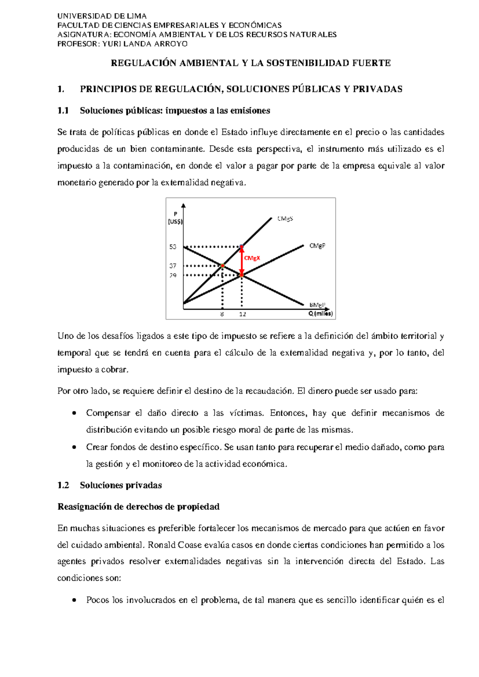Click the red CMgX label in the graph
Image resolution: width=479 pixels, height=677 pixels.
point(252,258)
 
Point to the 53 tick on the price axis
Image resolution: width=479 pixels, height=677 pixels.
point(172,247)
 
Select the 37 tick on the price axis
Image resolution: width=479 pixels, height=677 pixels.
point(172,266)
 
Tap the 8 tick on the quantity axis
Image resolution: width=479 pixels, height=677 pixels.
point(222,315)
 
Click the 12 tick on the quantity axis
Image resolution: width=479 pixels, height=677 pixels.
point(242,315)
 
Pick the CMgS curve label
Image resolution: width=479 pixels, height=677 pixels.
point(285,219)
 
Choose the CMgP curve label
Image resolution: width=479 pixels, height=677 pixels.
point(317,246)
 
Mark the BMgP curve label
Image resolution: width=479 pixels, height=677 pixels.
point(317,305)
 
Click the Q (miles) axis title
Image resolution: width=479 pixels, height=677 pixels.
point(320,314)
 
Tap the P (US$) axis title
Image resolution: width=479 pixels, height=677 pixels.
point(175,218)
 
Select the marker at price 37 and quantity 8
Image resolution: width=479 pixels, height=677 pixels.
point(223,265)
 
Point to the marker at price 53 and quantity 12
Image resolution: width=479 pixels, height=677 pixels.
point(241,247)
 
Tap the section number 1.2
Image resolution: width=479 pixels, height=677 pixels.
point(63,485)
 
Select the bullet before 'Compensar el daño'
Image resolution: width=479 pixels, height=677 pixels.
point(74,413)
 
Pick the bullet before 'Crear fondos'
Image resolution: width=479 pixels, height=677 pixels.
point(74,447)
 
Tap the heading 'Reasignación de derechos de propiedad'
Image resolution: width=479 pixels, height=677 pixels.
point(139,507)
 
